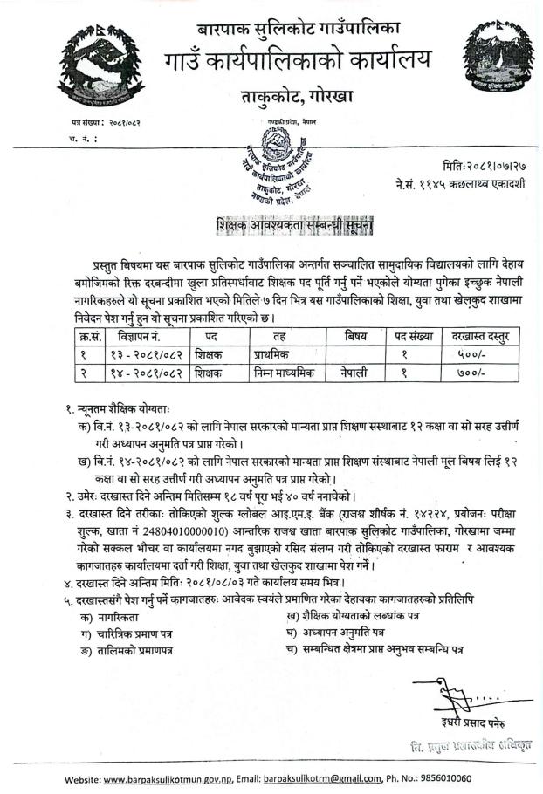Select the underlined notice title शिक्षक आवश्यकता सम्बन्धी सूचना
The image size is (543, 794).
tap(295, 225)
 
